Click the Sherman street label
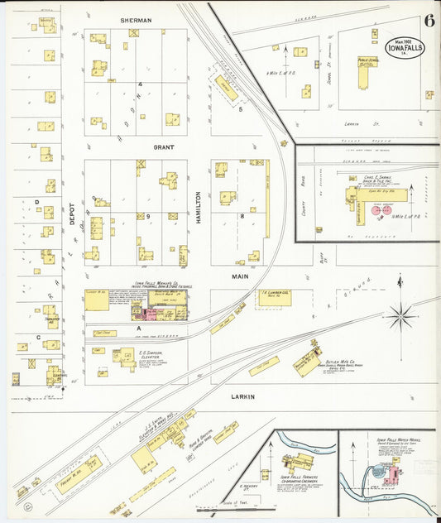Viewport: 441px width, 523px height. pos(136,19)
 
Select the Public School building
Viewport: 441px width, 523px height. pos(364,73)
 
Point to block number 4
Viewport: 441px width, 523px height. pos(141,84)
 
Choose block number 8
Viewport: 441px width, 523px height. pos(242,216)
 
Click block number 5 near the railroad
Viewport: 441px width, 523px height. pos(241,108)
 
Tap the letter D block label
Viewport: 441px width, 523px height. pos(36,201)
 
